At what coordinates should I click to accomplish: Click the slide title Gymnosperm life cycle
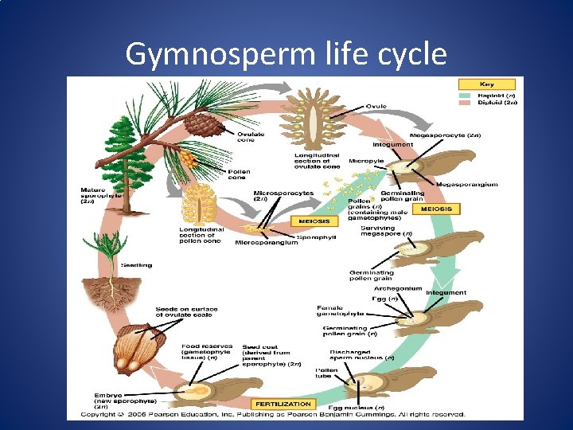[286, 55]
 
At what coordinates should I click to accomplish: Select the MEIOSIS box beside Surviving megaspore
[436, 209]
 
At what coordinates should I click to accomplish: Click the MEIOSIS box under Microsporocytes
[313, 221]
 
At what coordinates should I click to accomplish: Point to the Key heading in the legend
[486, 84]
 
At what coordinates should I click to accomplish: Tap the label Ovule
[376, 106]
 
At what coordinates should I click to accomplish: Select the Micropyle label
[365, 161]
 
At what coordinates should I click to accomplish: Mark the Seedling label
[137, 265]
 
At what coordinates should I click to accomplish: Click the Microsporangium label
[266, 242]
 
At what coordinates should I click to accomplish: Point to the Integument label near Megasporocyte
[393, 144]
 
